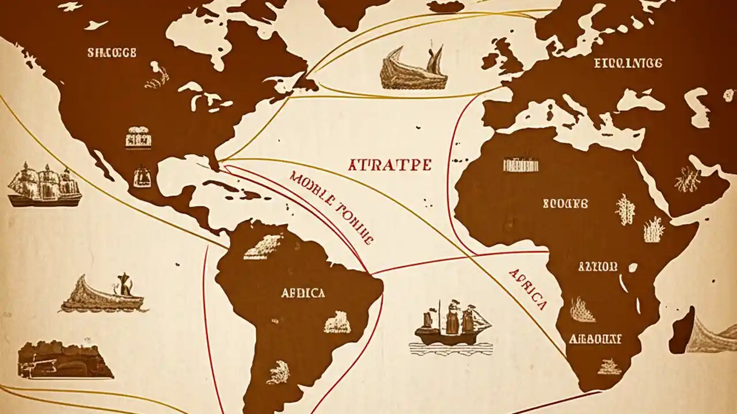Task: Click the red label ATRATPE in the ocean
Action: point(390,166)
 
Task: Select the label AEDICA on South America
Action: point(303,293)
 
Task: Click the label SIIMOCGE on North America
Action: point(112,53)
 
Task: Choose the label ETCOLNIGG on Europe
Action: point(628,63)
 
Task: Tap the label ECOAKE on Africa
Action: point(565,204)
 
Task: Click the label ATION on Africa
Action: point(597,267)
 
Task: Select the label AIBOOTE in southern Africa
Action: point(595,339)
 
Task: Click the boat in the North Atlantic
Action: point(414,70)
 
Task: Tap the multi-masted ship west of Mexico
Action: point(44,185)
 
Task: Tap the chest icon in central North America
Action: point(138,138)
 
